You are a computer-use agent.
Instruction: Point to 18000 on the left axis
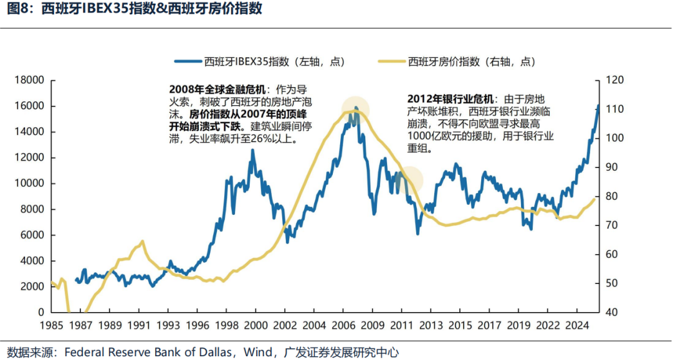30,80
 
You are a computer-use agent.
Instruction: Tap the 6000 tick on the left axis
32,235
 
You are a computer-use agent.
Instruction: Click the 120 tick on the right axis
613,80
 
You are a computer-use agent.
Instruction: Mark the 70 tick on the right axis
611,225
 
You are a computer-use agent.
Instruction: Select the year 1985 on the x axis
52,325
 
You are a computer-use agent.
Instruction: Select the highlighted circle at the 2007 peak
355,110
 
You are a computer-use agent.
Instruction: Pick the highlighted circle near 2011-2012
409,180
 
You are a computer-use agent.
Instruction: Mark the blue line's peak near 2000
252,150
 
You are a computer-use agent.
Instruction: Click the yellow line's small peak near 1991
142,241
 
